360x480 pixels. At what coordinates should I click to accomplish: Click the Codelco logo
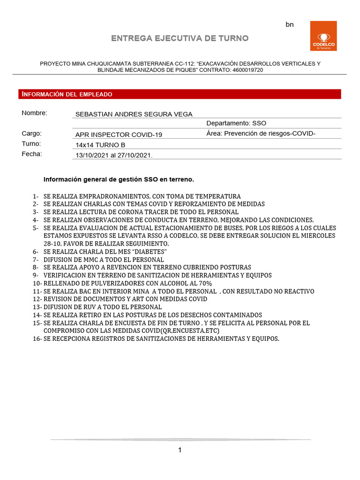[323, 36]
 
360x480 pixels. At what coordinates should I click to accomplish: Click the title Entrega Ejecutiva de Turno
[180, 38]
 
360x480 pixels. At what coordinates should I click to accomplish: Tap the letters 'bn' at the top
[290, 24]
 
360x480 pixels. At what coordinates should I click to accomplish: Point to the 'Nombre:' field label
[35, 113]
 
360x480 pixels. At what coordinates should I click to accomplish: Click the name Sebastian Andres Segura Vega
[134, 114]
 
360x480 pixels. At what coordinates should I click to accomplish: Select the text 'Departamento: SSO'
[236, 123]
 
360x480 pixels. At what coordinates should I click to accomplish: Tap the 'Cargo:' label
[32, 133]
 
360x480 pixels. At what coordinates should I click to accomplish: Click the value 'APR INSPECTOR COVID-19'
[119, 135]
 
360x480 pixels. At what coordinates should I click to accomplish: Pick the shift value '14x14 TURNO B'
[100, 145]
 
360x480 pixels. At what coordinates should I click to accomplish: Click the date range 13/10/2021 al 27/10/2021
[114, 155]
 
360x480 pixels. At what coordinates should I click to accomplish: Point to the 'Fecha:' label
[32, 154]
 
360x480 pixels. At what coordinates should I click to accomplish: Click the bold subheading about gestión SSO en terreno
[119, 179]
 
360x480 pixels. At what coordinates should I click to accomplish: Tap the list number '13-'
[37, 307]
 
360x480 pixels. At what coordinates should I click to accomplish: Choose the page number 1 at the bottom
[180, 450]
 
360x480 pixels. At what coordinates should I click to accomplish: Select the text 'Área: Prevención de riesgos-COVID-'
[261, 134]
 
